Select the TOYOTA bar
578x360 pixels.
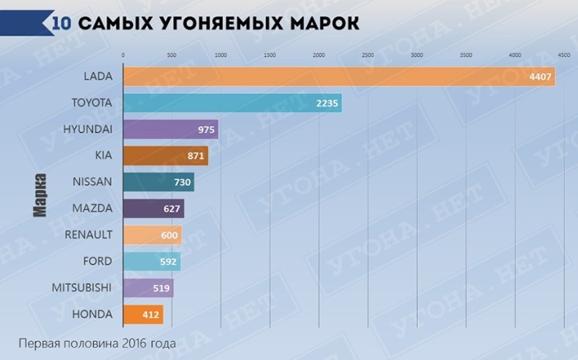[x=231, y=103]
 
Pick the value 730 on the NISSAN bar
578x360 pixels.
[x=182, y=182]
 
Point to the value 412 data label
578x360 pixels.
[x=152, y=315]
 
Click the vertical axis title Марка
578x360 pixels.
[x=39, y=195]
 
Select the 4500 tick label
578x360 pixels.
[x=563, y=54]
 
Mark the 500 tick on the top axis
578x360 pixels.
[x=172, y=54]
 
